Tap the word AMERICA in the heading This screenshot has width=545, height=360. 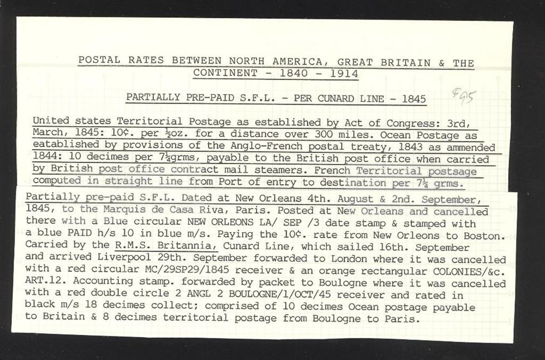click(244, 61)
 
